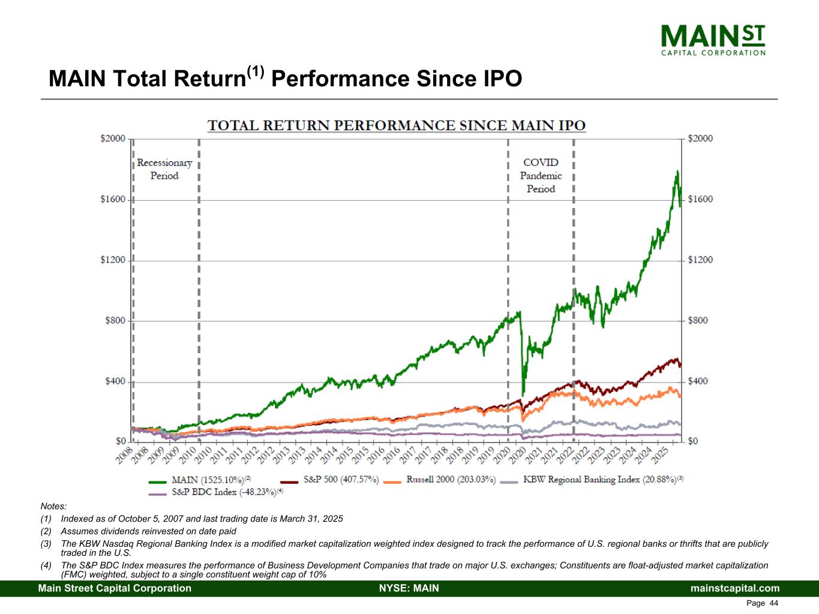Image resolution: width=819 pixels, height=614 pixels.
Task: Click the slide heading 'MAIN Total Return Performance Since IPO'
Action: click(x=285, y=79)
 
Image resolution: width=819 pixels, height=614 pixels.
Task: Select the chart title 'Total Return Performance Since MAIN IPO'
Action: click(x=396, y=125)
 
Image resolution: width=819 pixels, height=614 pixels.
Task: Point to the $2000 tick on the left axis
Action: click(x=112, y=139)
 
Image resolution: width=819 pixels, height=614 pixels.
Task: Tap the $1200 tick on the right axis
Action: click(x=700, y=260)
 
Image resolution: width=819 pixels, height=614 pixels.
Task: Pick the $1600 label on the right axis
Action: click(x=700, y=199)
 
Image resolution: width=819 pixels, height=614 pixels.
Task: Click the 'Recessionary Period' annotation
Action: click(x=164, y=169)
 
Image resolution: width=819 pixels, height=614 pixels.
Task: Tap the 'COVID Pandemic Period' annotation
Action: click(x=541, y=175)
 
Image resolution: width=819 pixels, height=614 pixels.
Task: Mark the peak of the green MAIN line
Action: click(x=677, y=171)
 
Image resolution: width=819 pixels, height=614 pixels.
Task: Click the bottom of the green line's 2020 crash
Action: click(x=523, y=394)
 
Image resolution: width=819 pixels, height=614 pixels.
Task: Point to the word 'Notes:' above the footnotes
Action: click(x=53, y=507)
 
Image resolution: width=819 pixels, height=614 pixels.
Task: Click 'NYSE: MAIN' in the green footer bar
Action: click(x=409, y=588)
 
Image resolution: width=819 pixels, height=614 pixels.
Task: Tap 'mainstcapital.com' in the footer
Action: click(x=735, y=588)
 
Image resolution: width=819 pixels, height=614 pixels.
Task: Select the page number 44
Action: click(x=773, y=603)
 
